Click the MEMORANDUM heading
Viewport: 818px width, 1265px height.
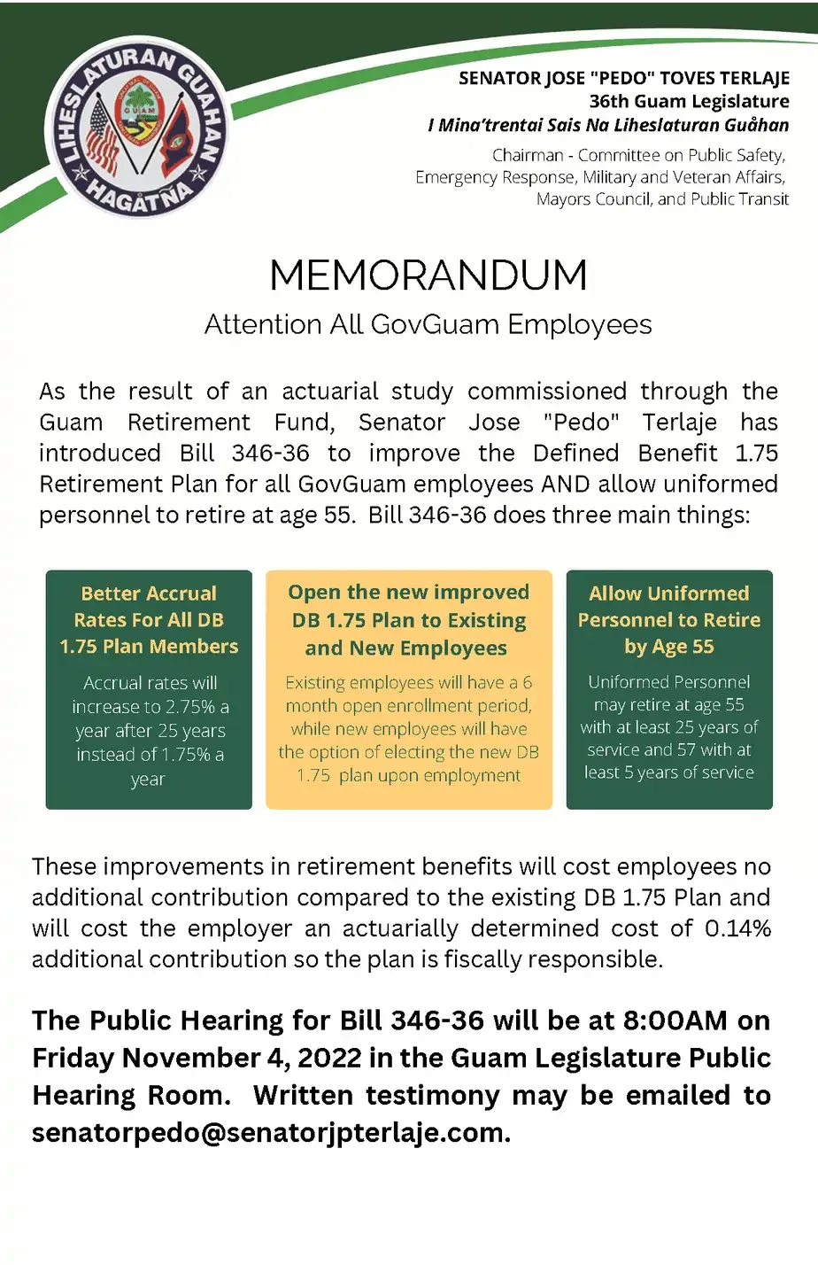tap(428, 275)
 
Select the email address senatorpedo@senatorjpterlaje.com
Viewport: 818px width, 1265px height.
tap(270, 1133)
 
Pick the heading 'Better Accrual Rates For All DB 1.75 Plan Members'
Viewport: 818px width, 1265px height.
tap(149, 620)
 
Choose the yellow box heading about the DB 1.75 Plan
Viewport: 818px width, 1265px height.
tap(408, 620)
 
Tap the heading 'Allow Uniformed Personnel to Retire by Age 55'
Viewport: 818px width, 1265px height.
tap(669, 620)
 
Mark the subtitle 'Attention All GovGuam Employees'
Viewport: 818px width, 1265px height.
tap(428, 325)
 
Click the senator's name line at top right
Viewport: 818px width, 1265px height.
tap(624, 78)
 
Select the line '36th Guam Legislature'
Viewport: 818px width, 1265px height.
tap(689, 101)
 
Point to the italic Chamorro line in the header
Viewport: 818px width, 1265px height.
tap(608, 125)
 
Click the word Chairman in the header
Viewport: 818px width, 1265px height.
tap(528, 156)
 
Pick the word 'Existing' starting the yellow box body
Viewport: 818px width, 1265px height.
tap(314, 683)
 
